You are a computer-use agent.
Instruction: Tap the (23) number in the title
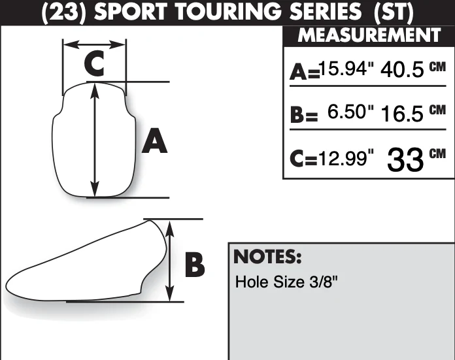point(64,12)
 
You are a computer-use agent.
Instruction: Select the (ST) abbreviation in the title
point(394,12)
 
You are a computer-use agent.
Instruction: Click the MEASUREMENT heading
point(369,35)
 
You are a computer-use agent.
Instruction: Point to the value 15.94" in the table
point(346,69)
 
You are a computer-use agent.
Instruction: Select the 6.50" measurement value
point(350,111)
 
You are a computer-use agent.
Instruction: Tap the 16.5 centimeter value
point(402,113)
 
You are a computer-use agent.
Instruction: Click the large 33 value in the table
point(405,159)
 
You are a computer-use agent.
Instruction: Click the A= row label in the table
point(305,72)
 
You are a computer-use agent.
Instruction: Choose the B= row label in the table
point(304,114)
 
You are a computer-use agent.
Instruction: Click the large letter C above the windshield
point(94,63)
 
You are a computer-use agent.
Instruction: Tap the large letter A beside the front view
point(155,140)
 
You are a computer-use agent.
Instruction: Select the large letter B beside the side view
point(195,265)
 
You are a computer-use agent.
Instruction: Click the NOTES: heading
point(267,256)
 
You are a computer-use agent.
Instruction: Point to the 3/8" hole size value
point(324,282)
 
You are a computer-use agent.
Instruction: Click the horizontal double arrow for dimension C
point(95,44)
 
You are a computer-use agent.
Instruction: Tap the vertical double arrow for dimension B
point(170,261)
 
